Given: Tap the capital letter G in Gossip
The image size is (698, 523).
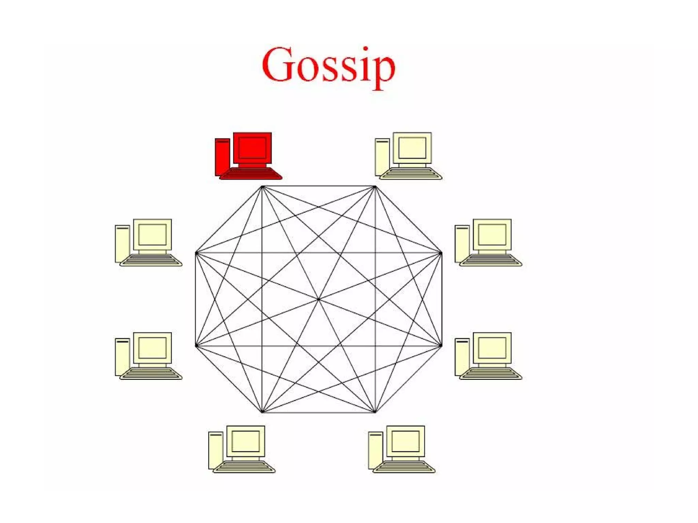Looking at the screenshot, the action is click(278, 65).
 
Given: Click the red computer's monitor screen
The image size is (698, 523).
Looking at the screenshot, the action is click(252, 148).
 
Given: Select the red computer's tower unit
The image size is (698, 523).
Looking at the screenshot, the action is click(222, 157).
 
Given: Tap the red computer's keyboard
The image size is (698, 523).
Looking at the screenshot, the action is click(251, 173).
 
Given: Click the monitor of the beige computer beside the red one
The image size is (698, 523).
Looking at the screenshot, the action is click(412, 148).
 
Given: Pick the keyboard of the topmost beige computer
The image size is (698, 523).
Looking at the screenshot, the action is click(411, 173).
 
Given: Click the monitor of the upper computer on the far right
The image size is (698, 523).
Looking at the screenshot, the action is click(492, 234).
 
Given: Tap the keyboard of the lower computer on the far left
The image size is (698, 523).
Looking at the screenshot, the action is click(151, 373).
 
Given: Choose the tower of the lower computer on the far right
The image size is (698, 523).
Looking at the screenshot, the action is click(462, 357).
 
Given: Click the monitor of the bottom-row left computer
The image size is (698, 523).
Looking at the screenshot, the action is click(245, 441).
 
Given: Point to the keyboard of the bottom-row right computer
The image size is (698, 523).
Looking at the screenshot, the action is click(404, 466).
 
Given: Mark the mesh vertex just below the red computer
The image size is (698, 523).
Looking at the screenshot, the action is click(262, 186).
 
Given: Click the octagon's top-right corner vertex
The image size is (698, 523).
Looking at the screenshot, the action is click(375, 186).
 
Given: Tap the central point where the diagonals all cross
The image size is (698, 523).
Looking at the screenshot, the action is click(318, 299).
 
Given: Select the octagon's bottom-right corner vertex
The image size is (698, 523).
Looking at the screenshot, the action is click(375, 412).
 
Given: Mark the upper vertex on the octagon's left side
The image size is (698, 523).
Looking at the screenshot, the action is click(196, 253).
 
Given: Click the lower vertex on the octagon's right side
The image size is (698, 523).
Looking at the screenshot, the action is click(441, 345).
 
